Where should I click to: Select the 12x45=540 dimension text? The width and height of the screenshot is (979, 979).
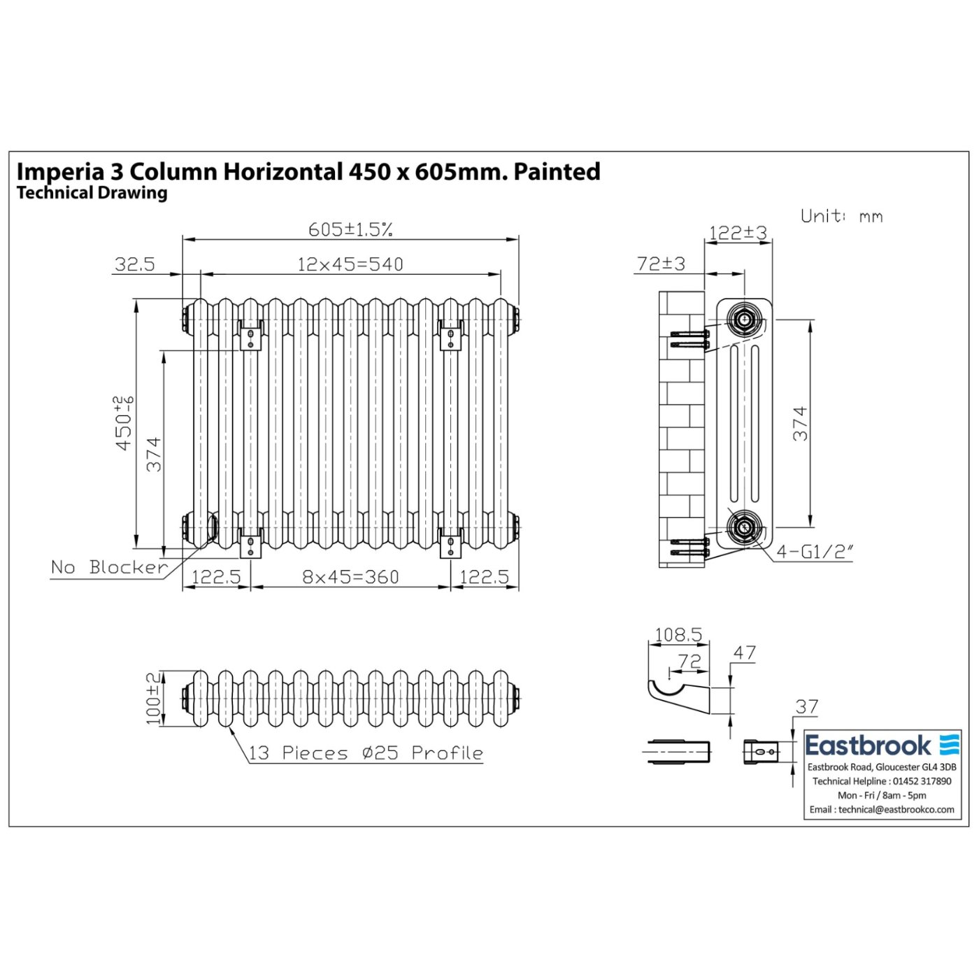(x=350, y=264)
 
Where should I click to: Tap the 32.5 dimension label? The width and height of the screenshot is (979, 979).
(x=134, y=264)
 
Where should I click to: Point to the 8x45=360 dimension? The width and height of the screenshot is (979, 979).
(x=350, y=577)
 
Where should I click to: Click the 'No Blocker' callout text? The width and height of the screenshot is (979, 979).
(x=109, y=567)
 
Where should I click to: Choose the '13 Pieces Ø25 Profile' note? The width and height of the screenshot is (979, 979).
(x=366, y=753)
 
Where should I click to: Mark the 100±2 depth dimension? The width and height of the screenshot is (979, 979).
(x=153, y=699)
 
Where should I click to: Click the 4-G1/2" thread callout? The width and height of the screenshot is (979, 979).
(x=815, y=552)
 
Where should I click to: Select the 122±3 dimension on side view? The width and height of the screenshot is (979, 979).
(x=738, y=233)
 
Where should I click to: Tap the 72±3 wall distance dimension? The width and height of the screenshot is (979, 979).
(x=661, y=264)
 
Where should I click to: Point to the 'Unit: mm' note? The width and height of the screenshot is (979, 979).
(x=841, y=216)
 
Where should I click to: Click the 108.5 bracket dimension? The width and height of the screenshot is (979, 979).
(x=678, y=635)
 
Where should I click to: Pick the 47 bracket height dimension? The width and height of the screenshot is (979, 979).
(x=744, y=652)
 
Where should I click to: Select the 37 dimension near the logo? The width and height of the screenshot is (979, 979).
(x=806, y=707)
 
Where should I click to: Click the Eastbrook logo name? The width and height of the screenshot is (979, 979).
(x=868, y=745)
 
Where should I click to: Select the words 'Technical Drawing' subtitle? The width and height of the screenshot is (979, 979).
(x=92, y=193)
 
